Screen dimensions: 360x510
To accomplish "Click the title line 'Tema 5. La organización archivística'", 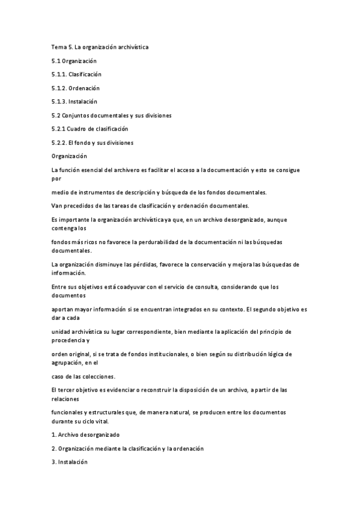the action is (99, 47).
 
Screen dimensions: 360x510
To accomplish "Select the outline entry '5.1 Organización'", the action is (74, 61).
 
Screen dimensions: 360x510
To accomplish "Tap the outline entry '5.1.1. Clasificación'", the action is (76, 75).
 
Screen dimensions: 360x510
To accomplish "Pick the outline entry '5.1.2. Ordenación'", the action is (75, 88).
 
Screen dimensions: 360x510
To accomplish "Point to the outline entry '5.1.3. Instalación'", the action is (75, 102).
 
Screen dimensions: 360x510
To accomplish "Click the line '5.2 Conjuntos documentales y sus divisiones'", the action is (112, 115).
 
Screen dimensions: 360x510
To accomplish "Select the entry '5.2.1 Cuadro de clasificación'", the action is (90, 129).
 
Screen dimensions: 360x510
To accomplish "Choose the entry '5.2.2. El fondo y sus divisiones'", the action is (93, 143).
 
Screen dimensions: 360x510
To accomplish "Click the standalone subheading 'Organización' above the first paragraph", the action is (70, 156).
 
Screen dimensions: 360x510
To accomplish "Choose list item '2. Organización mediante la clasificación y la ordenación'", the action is (127, 449).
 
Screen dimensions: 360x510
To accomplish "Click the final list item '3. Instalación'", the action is (70, 462).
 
